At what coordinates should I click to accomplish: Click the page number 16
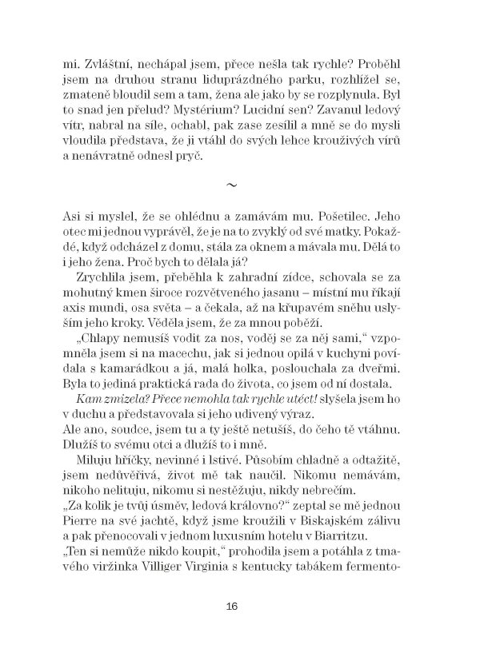click(x=232, y=605)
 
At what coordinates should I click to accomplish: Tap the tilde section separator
click(x=233, y=185)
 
